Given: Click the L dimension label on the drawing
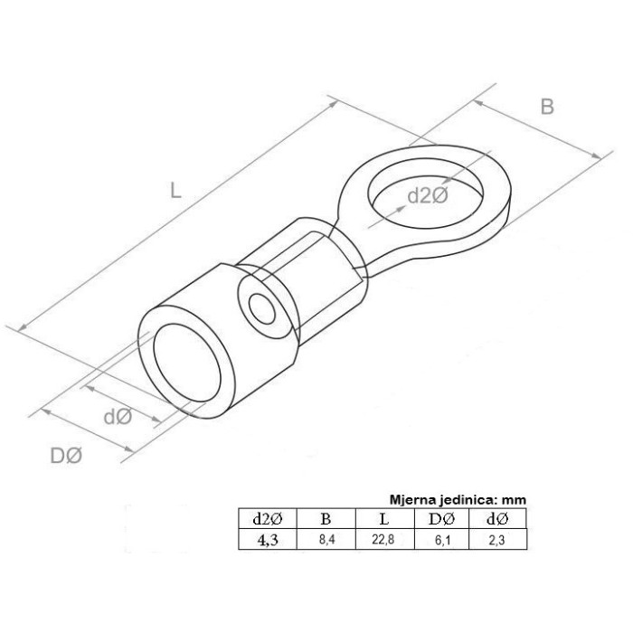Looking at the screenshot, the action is pos(175,190).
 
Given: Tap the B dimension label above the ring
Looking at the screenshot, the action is pos(547,107).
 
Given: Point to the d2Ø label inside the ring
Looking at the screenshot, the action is pos(428,196).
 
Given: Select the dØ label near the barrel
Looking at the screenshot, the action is pos(118,416).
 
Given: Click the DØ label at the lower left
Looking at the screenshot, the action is pos(66,456).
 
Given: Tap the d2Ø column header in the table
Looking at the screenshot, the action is pos(268,519).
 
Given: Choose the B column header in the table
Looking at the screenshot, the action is pos(326,519).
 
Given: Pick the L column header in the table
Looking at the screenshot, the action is pos(384,519).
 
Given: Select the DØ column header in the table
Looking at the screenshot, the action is pos(441,519).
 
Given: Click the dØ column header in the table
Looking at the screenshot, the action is pos(497,519).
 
